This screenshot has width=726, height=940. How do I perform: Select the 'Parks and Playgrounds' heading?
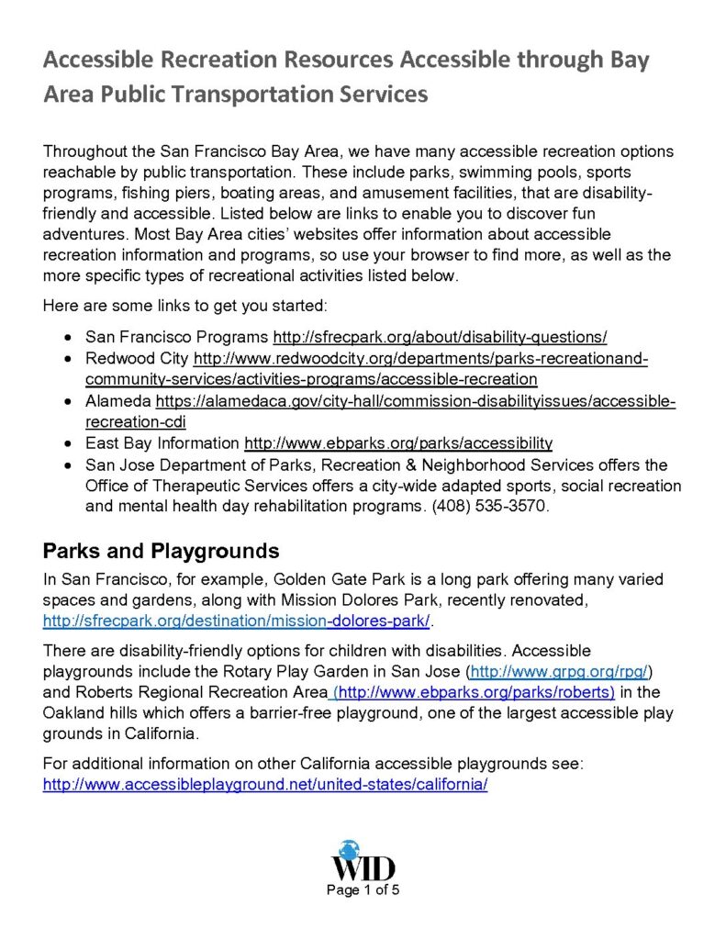(161, 552)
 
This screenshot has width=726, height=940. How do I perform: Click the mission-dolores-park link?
(237, 621)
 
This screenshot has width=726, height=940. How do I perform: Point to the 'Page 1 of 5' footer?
(363, 890)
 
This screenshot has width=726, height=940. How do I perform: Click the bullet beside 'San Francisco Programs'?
(68, 337)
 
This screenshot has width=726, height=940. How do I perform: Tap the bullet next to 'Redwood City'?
(68, 358)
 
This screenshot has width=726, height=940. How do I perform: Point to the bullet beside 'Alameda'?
(68, 401)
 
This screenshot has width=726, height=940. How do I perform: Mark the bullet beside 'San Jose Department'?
(68, 465)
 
